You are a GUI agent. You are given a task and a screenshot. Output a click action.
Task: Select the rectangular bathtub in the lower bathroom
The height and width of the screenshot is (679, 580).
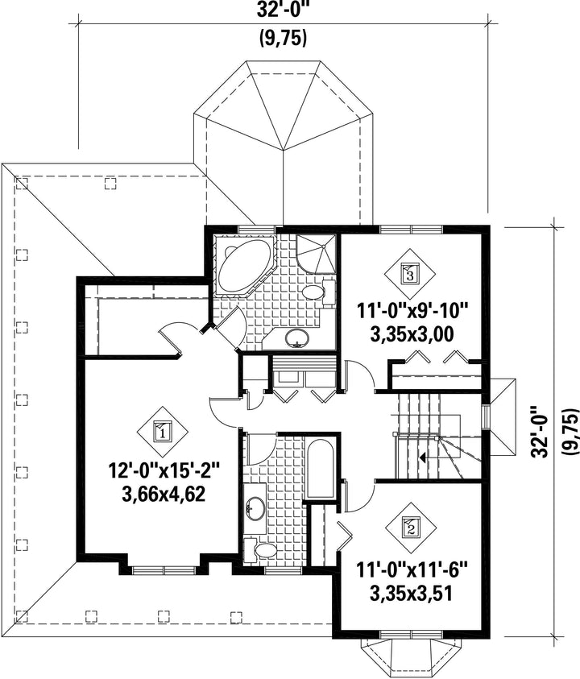320,469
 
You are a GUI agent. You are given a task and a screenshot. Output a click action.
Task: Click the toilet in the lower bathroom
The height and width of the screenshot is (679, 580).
260,550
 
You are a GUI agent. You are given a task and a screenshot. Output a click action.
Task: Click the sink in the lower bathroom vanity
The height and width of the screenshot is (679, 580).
255,507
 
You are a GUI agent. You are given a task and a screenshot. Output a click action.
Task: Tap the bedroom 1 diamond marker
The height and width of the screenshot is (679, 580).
163,431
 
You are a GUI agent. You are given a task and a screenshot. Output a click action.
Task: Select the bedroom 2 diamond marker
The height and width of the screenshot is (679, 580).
411,528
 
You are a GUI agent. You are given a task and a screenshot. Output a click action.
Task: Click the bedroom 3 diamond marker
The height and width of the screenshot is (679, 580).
410,273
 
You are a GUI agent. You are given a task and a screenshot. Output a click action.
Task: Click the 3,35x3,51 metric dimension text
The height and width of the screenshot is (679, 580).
412,593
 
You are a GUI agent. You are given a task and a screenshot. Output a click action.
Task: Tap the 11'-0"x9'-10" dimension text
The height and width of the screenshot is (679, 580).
412,312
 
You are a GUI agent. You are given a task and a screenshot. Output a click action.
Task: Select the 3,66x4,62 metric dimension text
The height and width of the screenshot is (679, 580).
164,494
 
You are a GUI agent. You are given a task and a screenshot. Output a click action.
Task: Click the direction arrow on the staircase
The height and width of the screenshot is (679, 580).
422,456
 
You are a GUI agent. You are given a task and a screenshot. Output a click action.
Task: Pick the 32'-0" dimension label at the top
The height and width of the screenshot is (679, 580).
284,10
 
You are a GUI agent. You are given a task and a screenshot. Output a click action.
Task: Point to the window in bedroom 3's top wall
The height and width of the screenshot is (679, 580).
411,229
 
